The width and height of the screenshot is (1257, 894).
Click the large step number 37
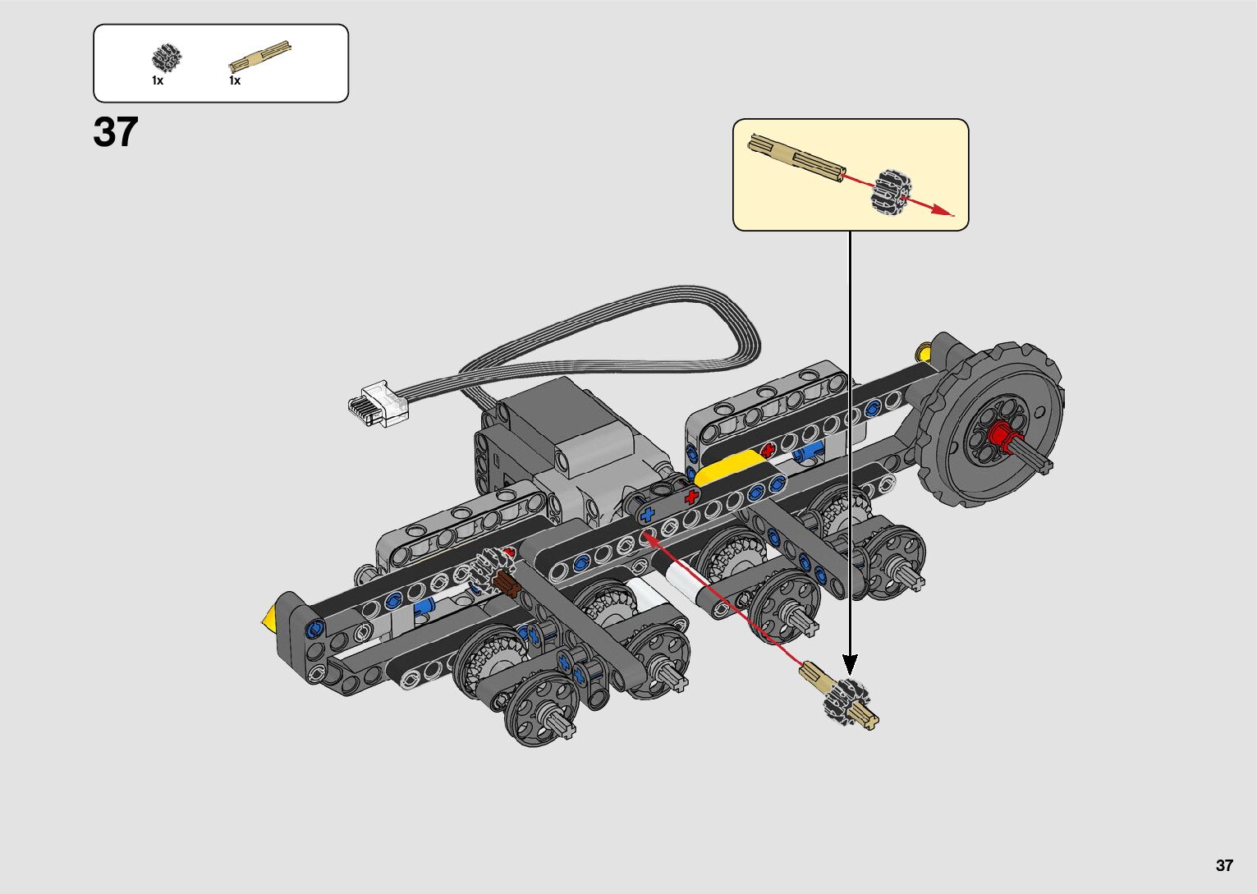click(x=116, y=132)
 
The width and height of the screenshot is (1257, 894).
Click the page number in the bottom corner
click(x=1224, y=864)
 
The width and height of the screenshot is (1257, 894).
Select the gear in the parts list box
click(x=167, y=57)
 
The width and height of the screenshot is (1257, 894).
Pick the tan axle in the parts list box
click(x=259, y=56)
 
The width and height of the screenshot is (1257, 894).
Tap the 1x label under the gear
click(x=158, y=80)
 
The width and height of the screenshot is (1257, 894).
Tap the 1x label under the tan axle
click(x=235, y=80)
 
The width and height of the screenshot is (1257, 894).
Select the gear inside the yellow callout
click(x=891, y=191)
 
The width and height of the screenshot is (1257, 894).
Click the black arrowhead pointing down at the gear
click(x=850, y=664)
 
